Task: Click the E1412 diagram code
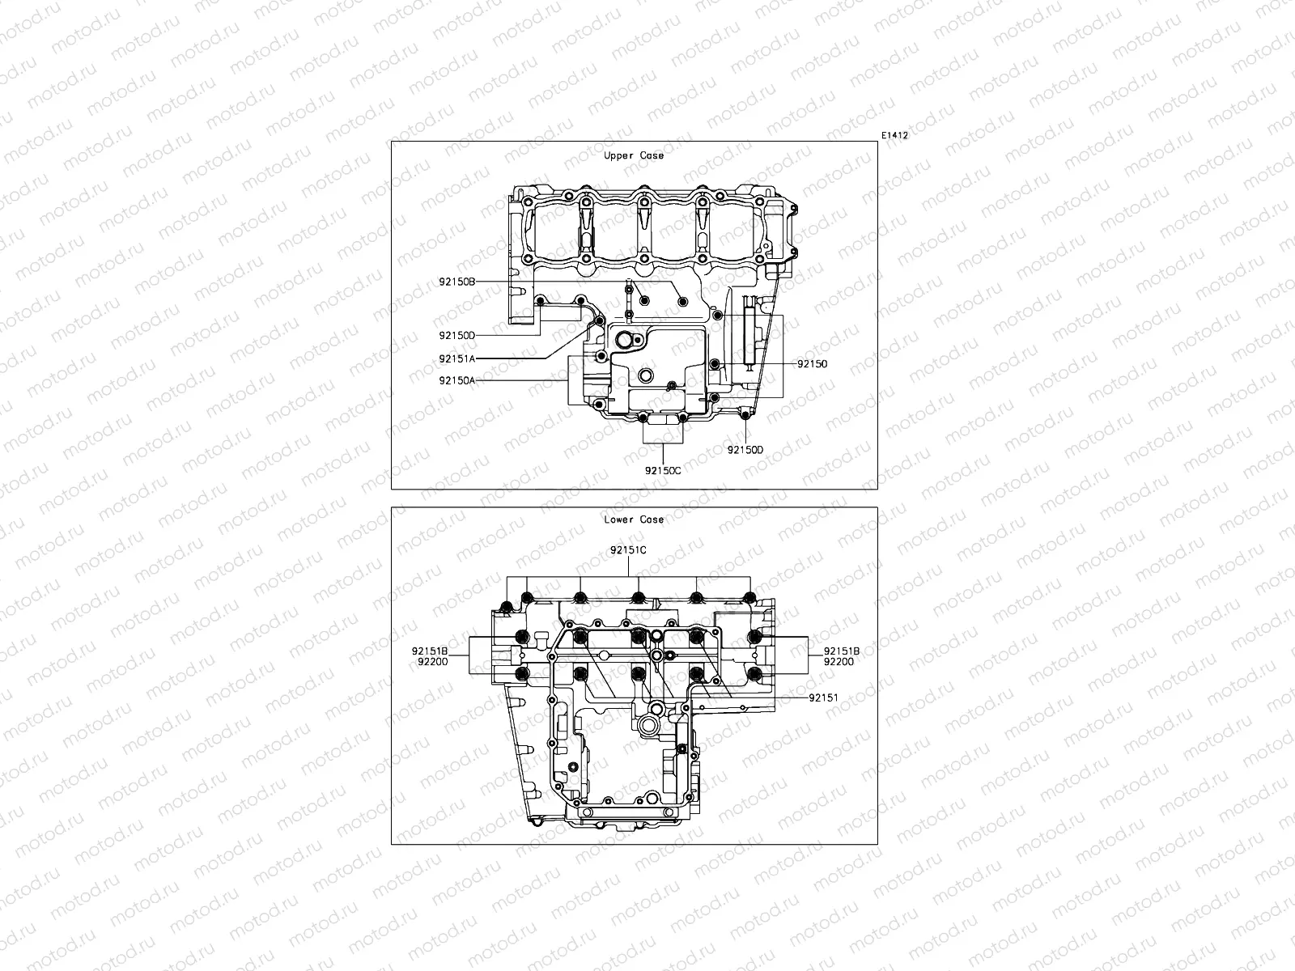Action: [x=894, y=136]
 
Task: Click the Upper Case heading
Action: [x=634, y=155]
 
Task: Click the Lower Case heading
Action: [x=634, y=519]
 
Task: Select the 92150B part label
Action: [x=457, y=282]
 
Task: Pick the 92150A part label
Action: [x=457, y=380]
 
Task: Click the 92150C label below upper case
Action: [x=663, y=469]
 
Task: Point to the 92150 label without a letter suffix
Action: [x=812, y=364]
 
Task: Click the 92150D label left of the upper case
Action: [x=457, y=335]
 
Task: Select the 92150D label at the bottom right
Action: [x=745, y=450]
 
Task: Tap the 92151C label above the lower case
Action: [x=628, y=550]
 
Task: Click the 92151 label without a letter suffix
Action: [x=822, y=696]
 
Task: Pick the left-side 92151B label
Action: [x=430, y=651]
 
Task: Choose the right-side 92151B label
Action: [x=842, y=651]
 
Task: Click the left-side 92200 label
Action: [x=430, y=661]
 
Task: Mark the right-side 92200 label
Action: [x=839, y=661]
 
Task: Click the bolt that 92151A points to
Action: [x=599, y=321]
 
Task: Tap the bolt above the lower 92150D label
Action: [x=745, y=416]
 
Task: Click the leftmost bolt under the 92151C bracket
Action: [x=508, y=608]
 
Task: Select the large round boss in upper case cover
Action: [x=646, y=376]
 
